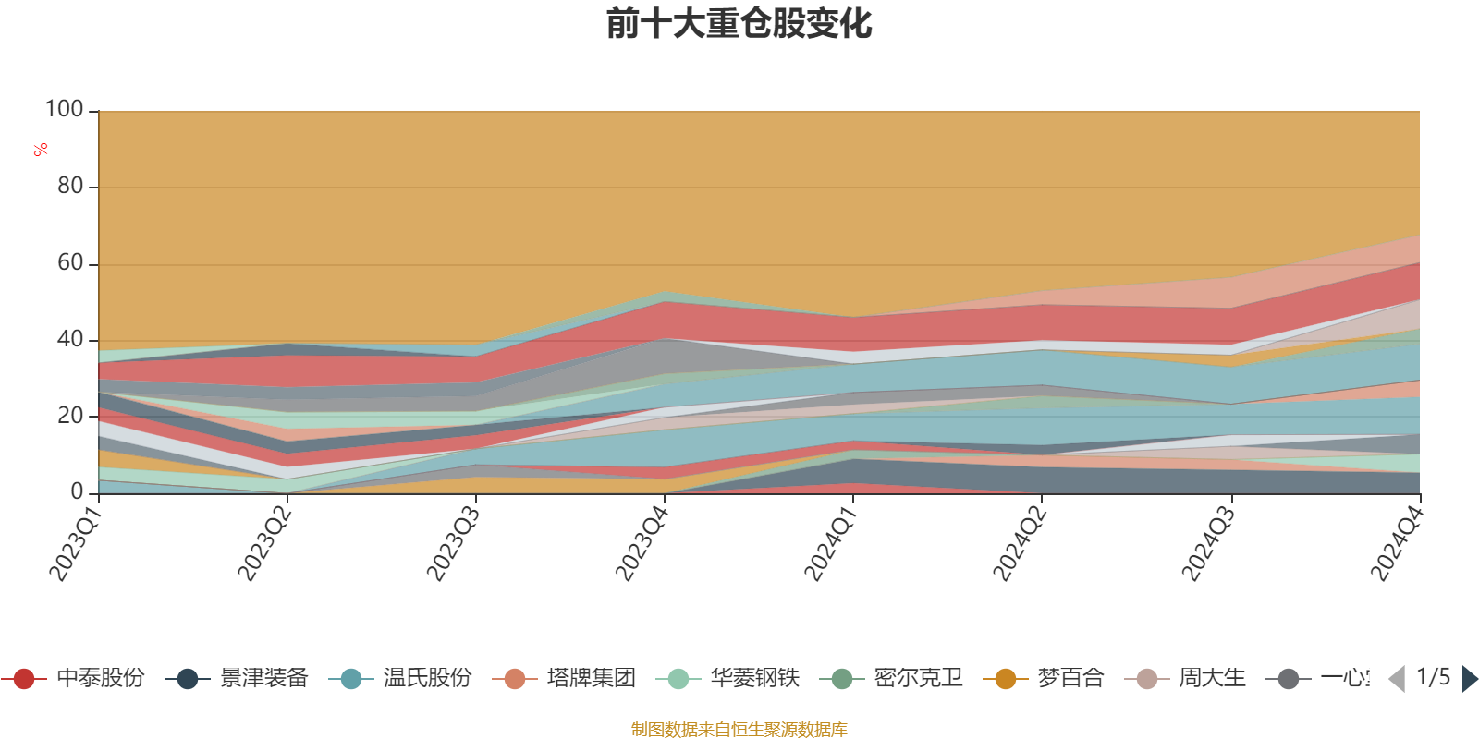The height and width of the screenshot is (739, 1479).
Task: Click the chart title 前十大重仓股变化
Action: coord(739,24)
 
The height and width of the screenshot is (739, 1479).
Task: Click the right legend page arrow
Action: coord(1470,679)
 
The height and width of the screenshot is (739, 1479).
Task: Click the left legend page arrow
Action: coord(1397,679)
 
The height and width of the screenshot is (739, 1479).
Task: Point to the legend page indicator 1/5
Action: coord(1433,678)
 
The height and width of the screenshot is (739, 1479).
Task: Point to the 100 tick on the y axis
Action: coord(65,110)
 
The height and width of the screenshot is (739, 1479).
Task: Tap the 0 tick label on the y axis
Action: coord(78,492)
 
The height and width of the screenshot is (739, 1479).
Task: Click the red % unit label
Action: coord(41,150)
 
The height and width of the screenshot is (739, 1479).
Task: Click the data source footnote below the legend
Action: coord(739,730)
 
